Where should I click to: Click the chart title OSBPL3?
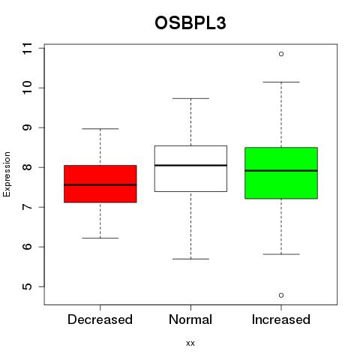[190, 23]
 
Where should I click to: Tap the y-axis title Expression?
[7, 174]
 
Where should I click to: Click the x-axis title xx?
[190, 343]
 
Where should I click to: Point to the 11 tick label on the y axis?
[27, 48]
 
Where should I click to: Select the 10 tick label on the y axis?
[27, 88]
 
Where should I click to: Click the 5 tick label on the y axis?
[27, 286]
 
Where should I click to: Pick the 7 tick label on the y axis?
[27, 207]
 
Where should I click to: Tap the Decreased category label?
[100, 319]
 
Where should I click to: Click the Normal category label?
[190, 319]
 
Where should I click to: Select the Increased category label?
[281, 319]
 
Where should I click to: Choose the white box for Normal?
[190, 169]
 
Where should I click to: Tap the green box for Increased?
[281, 173]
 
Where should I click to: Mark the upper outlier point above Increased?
[281, 54]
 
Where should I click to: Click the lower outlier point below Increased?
[281, 295]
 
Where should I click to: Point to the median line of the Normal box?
[190, 165]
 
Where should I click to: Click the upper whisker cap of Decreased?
[100, 129]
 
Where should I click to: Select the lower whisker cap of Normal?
[190, 259]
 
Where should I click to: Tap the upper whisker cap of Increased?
[281, 82]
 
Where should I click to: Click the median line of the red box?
[100, 185]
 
